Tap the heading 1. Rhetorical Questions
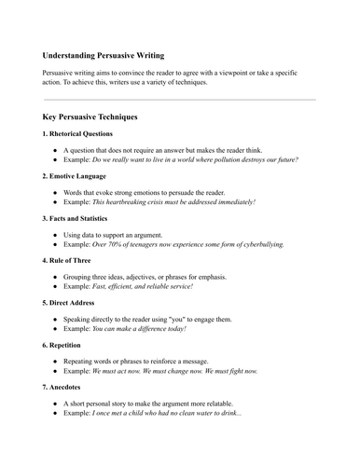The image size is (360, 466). click(81, 135)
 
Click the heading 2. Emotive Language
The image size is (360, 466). click(75, 175)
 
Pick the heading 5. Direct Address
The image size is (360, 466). click(72, 301)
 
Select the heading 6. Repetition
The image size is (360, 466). click(65, 343)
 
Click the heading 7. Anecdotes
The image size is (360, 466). click(64, 385)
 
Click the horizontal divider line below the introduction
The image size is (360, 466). click(180, 99)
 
